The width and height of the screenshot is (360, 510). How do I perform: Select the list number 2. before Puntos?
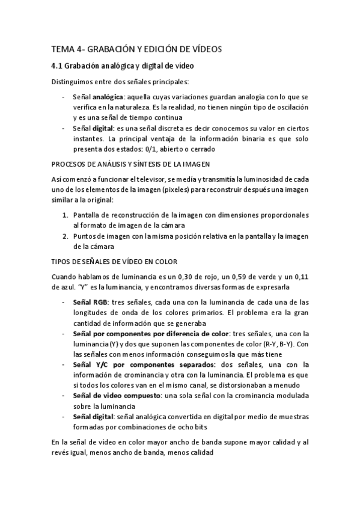pyautogui.click(x=65, y=236)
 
